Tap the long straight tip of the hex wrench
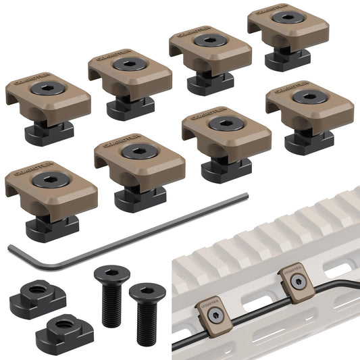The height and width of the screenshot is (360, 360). pyautogui.click(x=245, y=197)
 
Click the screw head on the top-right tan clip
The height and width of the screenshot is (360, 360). pyautogui.click(x=288, y=18)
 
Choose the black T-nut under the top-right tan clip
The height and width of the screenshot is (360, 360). pyautogui.click(x=287, y=59)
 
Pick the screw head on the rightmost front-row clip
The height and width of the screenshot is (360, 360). pyautogui.click(x=310, y=96)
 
